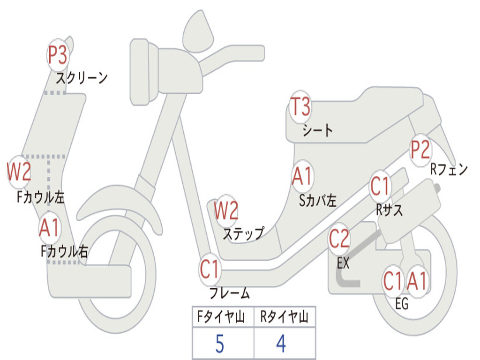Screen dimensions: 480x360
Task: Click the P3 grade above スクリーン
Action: [58, 55]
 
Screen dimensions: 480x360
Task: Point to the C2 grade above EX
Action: [339, 240]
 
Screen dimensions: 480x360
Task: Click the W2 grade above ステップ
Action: [226, 210]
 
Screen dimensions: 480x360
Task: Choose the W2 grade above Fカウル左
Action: [19, 172]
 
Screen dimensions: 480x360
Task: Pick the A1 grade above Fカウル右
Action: [49, 228]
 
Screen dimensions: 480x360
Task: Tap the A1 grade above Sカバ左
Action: [302, 177]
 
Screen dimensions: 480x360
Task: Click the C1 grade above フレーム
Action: [210, 270]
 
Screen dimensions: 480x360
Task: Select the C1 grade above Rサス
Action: [380, 187]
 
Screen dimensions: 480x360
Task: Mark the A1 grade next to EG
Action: [417, 281]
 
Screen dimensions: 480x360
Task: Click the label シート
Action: [317, 130]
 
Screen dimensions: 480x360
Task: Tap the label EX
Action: [343, 263]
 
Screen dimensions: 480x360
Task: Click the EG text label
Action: [402, 304]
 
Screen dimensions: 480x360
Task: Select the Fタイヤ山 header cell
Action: [222, 318]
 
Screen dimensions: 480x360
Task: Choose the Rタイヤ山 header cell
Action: [284, 318]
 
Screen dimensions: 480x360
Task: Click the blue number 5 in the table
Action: [219, 344]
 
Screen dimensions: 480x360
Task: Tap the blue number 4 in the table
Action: [281, 344]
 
